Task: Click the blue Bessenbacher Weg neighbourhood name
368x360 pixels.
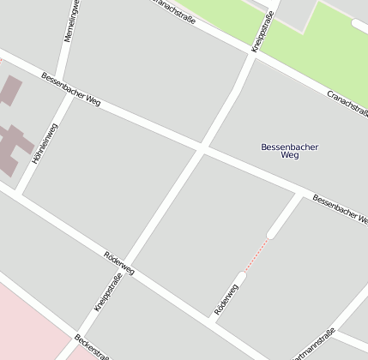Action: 289,151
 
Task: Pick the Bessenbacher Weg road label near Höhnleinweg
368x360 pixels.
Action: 71,89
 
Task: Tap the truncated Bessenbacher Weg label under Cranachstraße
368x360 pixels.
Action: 338,209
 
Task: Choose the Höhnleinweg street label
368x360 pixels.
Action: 45,143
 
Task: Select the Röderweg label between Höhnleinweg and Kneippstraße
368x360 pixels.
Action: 118,264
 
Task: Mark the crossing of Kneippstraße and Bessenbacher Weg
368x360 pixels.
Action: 202,148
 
